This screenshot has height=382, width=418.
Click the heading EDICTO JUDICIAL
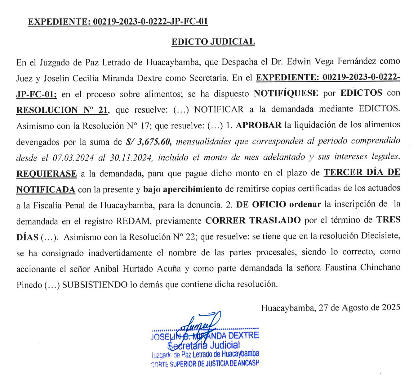(x=213, y=42)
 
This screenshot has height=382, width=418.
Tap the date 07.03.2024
(x=73, y=157)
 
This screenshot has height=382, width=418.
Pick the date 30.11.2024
(x=131, y=157)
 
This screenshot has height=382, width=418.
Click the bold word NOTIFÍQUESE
(x=286, y=93)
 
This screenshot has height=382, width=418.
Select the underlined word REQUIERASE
(x=47, y=174)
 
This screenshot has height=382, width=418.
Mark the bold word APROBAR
(x=259, y=125)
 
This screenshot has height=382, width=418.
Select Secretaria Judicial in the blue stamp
(x=204, y=345)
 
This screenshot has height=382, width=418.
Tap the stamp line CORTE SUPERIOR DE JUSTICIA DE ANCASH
(x=205, y=363)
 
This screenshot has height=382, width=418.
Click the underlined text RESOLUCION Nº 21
(x=62, y=110)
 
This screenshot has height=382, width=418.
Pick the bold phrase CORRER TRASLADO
(x=253, y=221)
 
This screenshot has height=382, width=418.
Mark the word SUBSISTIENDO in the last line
(x=95, y=284)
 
